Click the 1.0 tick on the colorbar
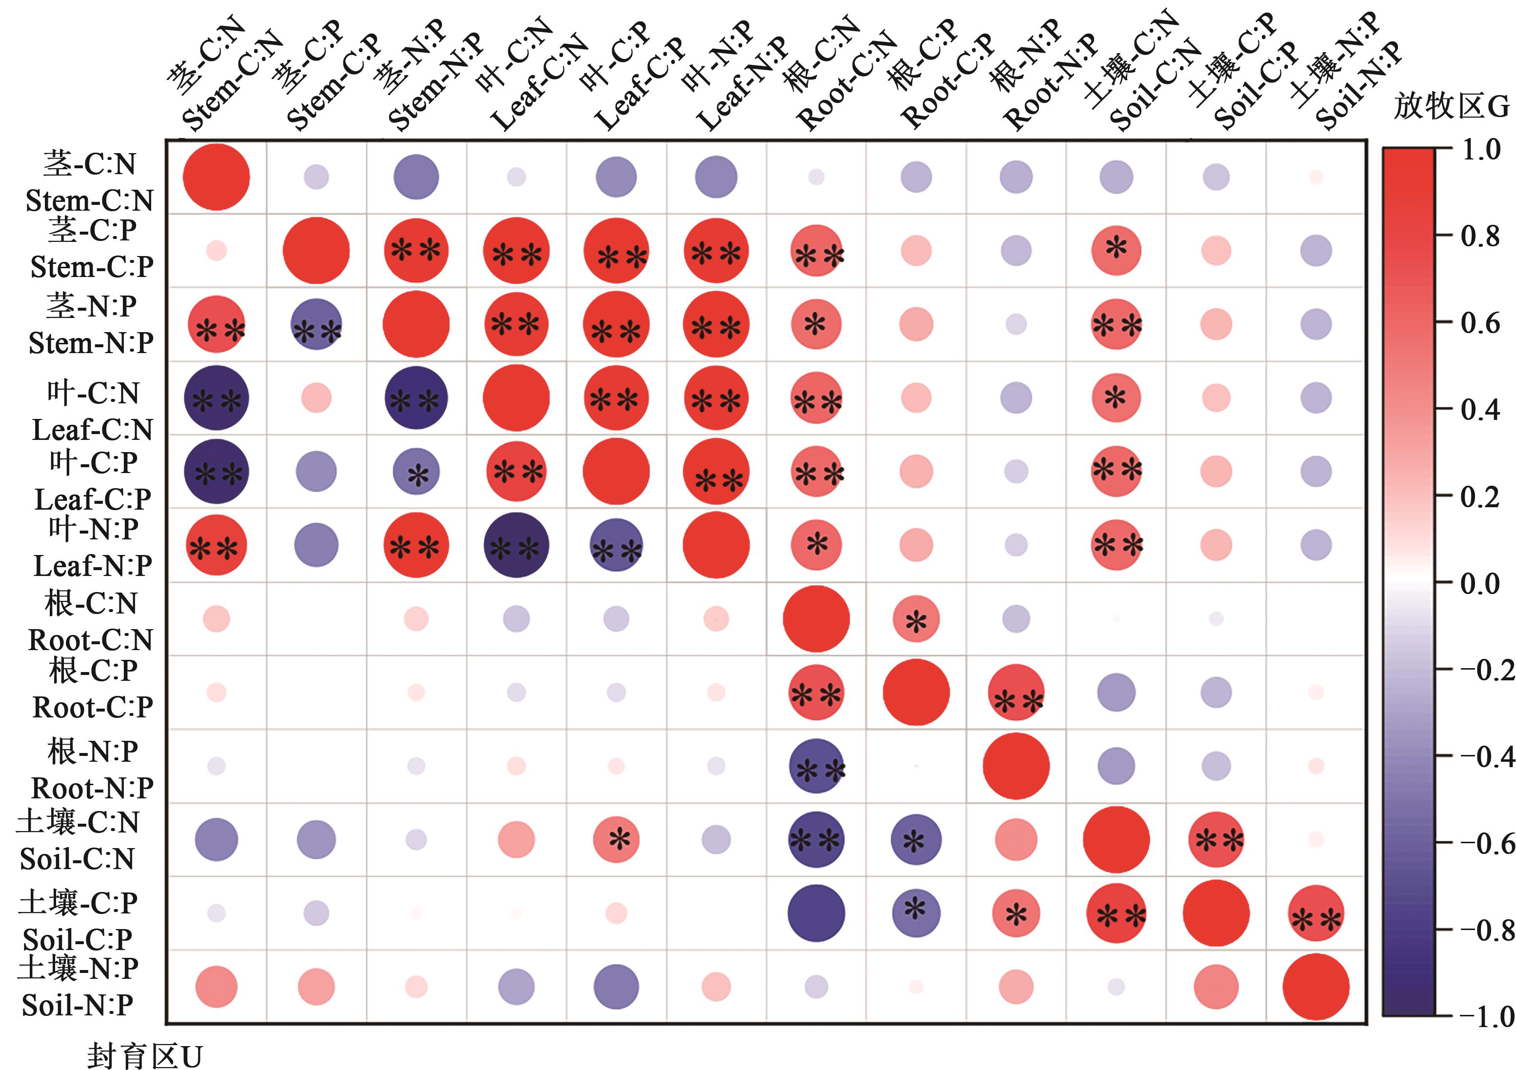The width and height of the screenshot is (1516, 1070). pyautogui.click(x=1480, y=151)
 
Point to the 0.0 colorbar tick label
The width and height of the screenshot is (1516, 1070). pyautogui.click(x=1480, y=583)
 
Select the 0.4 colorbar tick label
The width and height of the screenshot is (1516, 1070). pyautogui.click(x=1480, y=410)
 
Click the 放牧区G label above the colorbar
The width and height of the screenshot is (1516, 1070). pyautogui.click(x=1451, y=106)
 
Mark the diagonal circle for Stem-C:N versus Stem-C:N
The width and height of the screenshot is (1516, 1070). pyautogui.click(x=217, y=177)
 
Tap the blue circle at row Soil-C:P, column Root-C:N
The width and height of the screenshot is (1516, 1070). pyautogui.click(x=816, y=913)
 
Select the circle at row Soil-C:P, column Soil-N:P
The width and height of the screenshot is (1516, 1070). pyautogui.click(x=1316, y=913)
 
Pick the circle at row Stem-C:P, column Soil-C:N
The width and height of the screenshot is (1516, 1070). pyautogui.click(x=1116, y=251)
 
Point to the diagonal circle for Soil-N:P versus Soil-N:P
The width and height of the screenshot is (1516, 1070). pyautogui.click(x=1316, y=987)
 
